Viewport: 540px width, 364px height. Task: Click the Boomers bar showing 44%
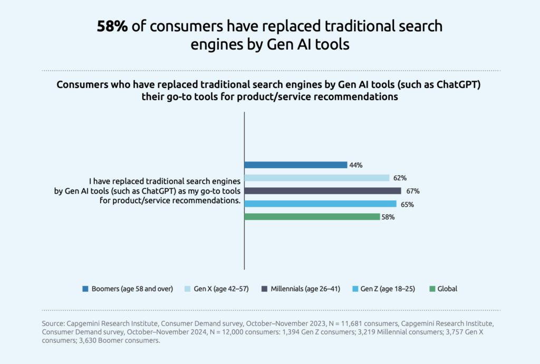295,165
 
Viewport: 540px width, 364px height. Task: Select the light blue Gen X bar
316,178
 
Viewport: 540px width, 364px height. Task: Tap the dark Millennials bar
322,191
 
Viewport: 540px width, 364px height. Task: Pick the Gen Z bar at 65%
320,204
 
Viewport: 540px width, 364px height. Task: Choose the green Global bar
312,217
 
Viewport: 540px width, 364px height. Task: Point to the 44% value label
355,165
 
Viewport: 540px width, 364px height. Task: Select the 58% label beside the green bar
388,217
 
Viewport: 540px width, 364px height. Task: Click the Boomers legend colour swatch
85,289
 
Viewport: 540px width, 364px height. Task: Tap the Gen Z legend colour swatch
356,289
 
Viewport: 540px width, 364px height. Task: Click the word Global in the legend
447,289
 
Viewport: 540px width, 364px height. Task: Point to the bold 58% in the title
112,27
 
